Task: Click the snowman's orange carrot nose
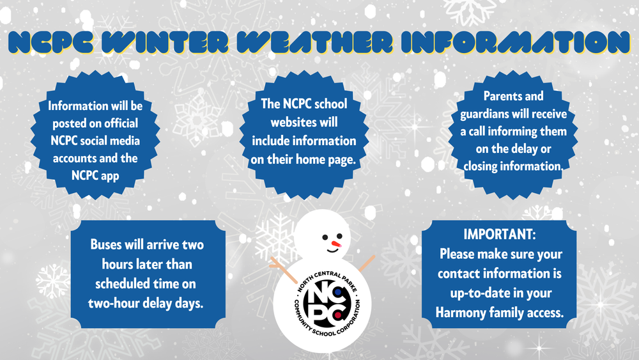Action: tap(337, 244)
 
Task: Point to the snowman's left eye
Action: tap(326, 237)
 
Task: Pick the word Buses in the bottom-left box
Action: tap(109, 244)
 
